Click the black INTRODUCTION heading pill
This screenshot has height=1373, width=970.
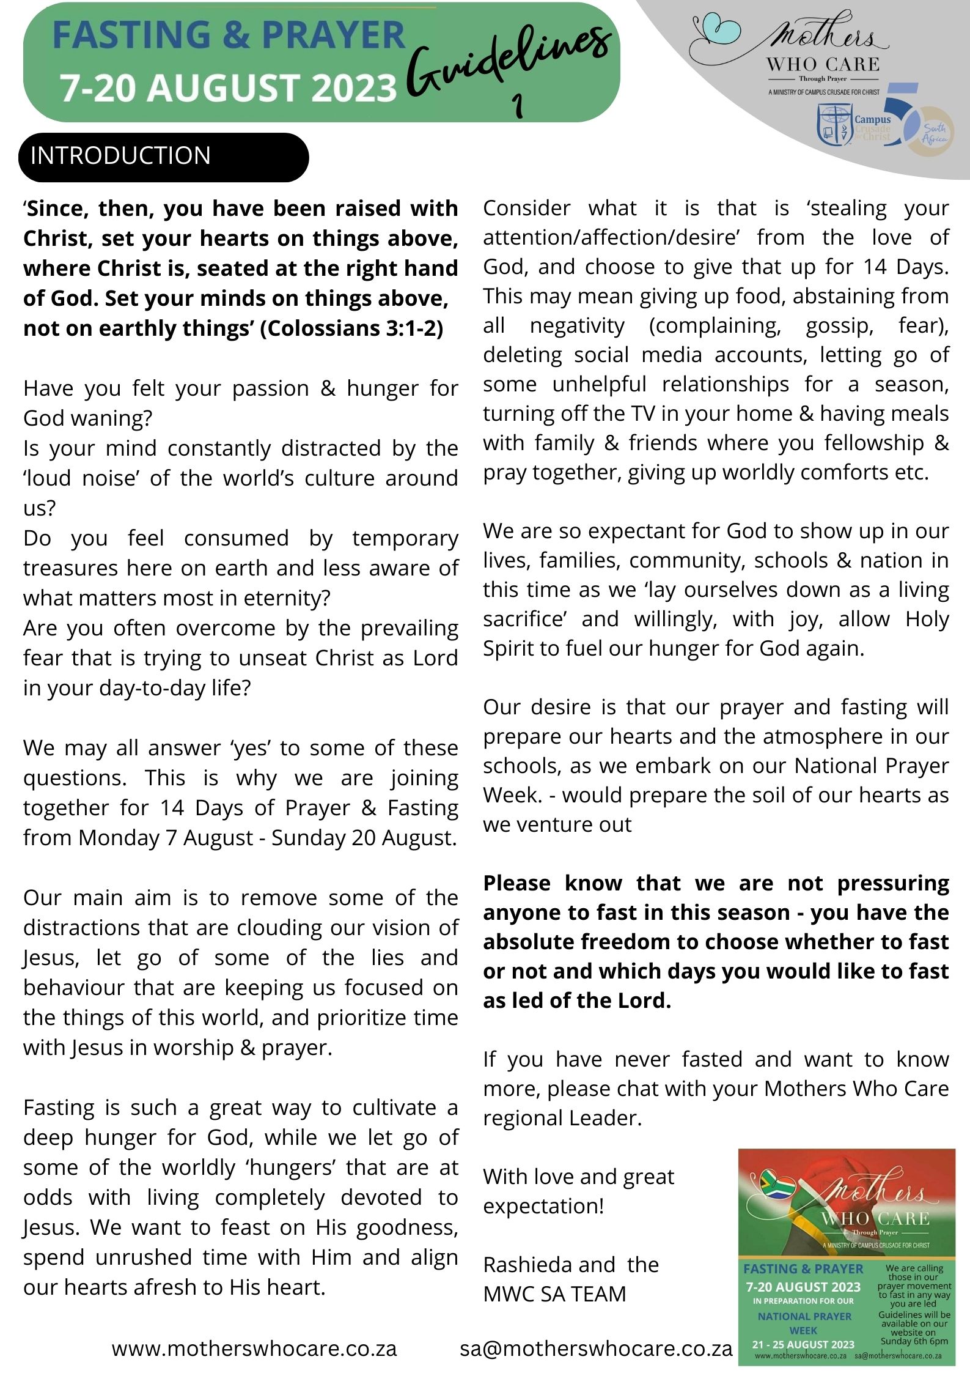163,157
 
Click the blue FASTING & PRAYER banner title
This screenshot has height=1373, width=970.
229,35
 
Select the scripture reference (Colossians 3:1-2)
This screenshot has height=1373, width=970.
351,328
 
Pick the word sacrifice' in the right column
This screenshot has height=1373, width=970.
526,619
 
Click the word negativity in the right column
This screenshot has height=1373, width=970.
577,325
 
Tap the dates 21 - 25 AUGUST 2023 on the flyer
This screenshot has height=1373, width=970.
803,1344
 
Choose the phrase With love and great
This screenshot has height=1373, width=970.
578,1176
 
